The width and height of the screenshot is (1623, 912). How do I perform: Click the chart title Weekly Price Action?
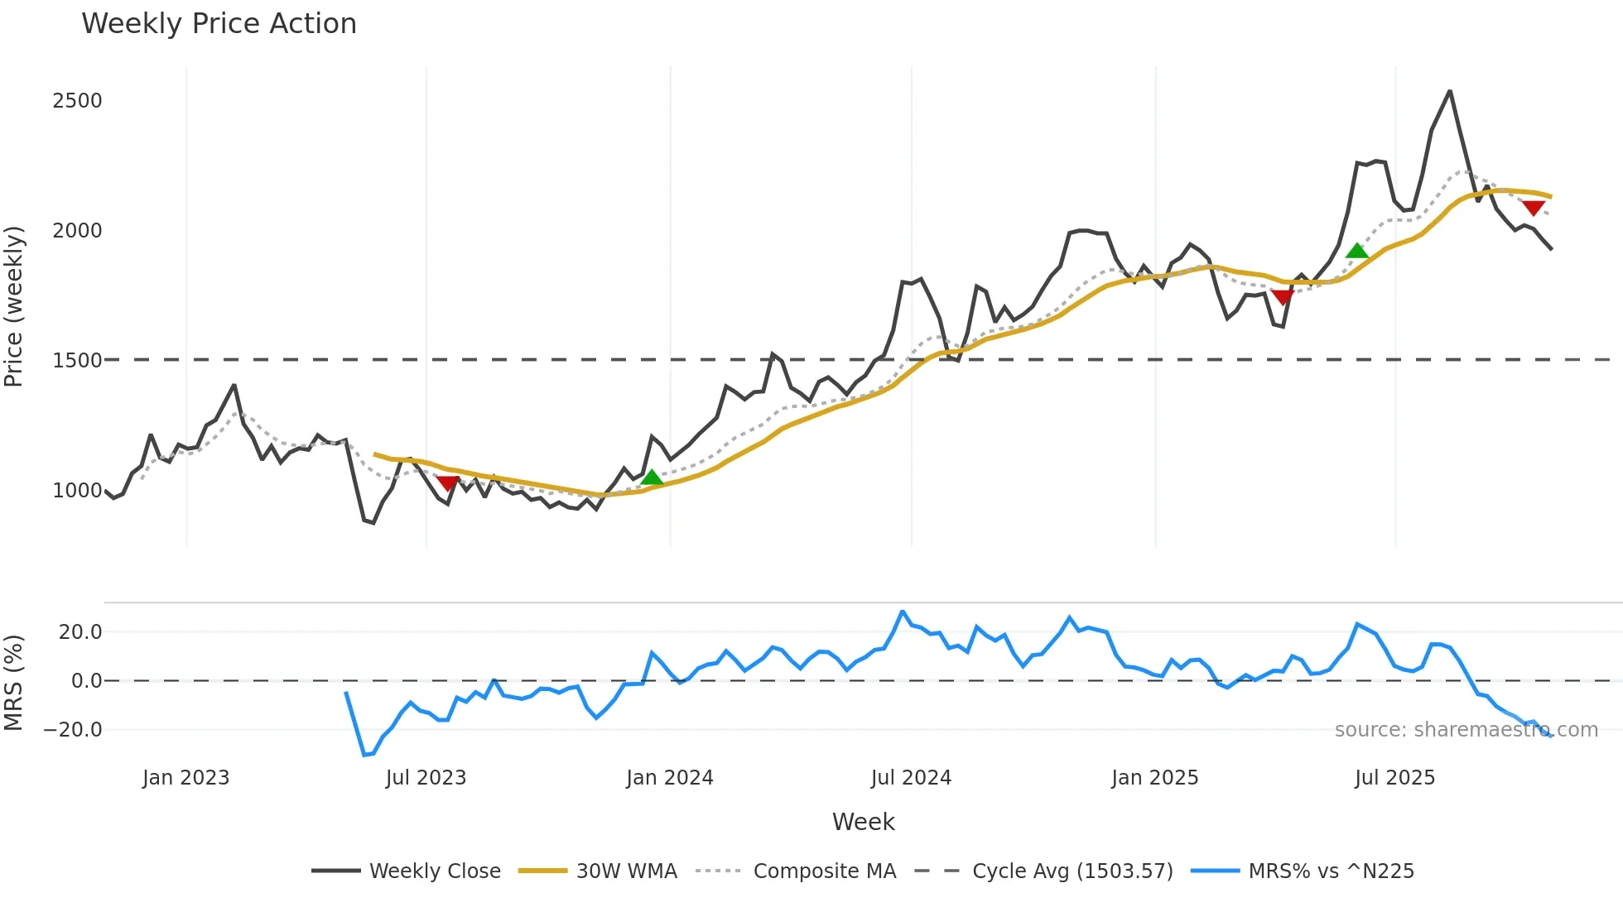point(219,24)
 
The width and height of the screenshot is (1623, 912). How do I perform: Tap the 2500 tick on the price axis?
point(77,101)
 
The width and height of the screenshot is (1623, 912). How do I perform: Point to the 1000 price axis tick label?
point(77,491)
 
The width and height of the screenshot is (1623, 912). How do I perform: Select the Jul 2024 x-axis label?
point(911,778)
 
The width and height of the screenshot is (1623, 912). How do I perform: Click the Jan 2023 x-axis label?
point(185,778)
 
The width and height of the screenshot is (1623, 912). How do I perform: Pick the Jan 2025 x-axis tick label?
point(1154,778)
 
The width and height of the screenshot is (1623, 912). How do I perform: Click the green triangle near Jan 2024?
point(653,478)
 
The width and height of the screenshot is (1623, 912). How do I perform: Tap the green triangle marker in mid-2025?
point(1356,251)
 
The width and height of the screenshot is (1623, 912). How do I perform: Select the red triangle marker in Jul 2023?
point(447,483)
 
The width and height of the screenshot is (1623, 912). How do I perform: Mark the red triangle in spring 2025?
point(1282,297)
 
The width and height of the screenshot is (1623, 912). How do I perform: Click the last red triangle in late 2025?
point(1533,208)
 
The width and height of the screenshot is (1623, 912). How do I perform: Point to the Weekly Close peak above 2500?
point(1449,91)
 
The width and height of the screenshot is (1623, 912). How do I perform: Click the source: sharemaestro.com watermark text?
point(1466,730)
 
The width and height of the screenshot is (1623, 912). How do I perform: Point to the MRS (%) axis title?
point(13,683)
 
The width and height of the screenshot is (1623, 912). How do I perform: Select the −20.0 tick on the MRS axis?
point(73,730)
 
